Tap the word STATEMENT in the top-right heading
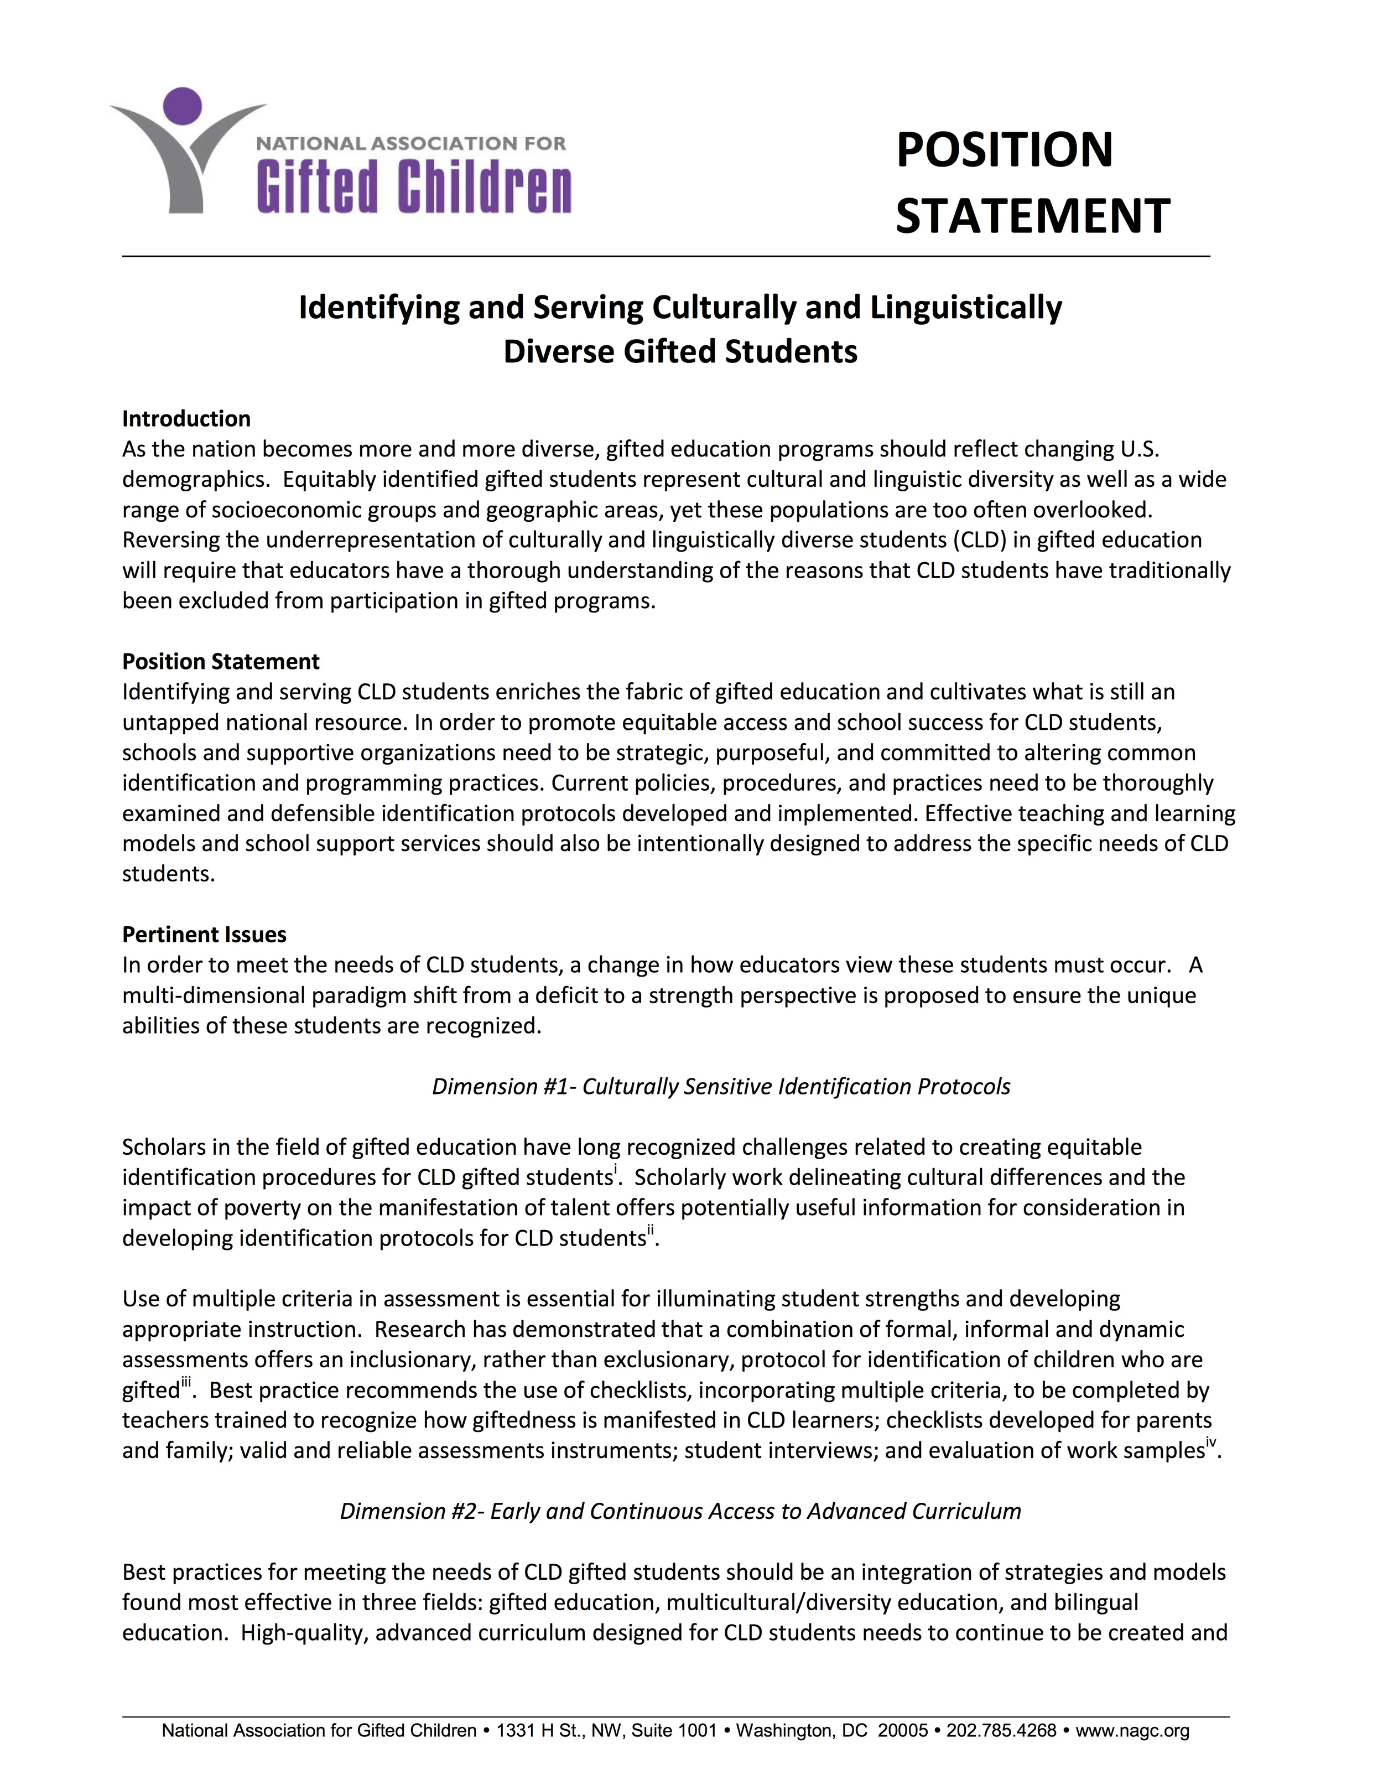[x=1032, y=216]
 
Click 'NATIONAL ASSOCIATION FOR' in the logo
[x=410, y=143]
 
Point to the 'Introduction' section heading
[x=186, y=419]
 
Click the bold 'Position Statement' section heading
[x=220, y=661]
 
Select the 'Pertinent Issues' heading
[x=204, y=935]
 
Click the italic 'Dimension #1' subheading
[x=721, y=1086]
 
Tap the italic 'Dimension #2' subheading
[x=680, y=1511]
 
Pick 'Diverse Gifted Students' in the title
[x=680, y=351]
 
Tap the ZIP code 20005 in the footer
[x=902, y=1730]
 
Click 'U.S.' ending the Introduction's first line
[x=1139, y=449]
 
